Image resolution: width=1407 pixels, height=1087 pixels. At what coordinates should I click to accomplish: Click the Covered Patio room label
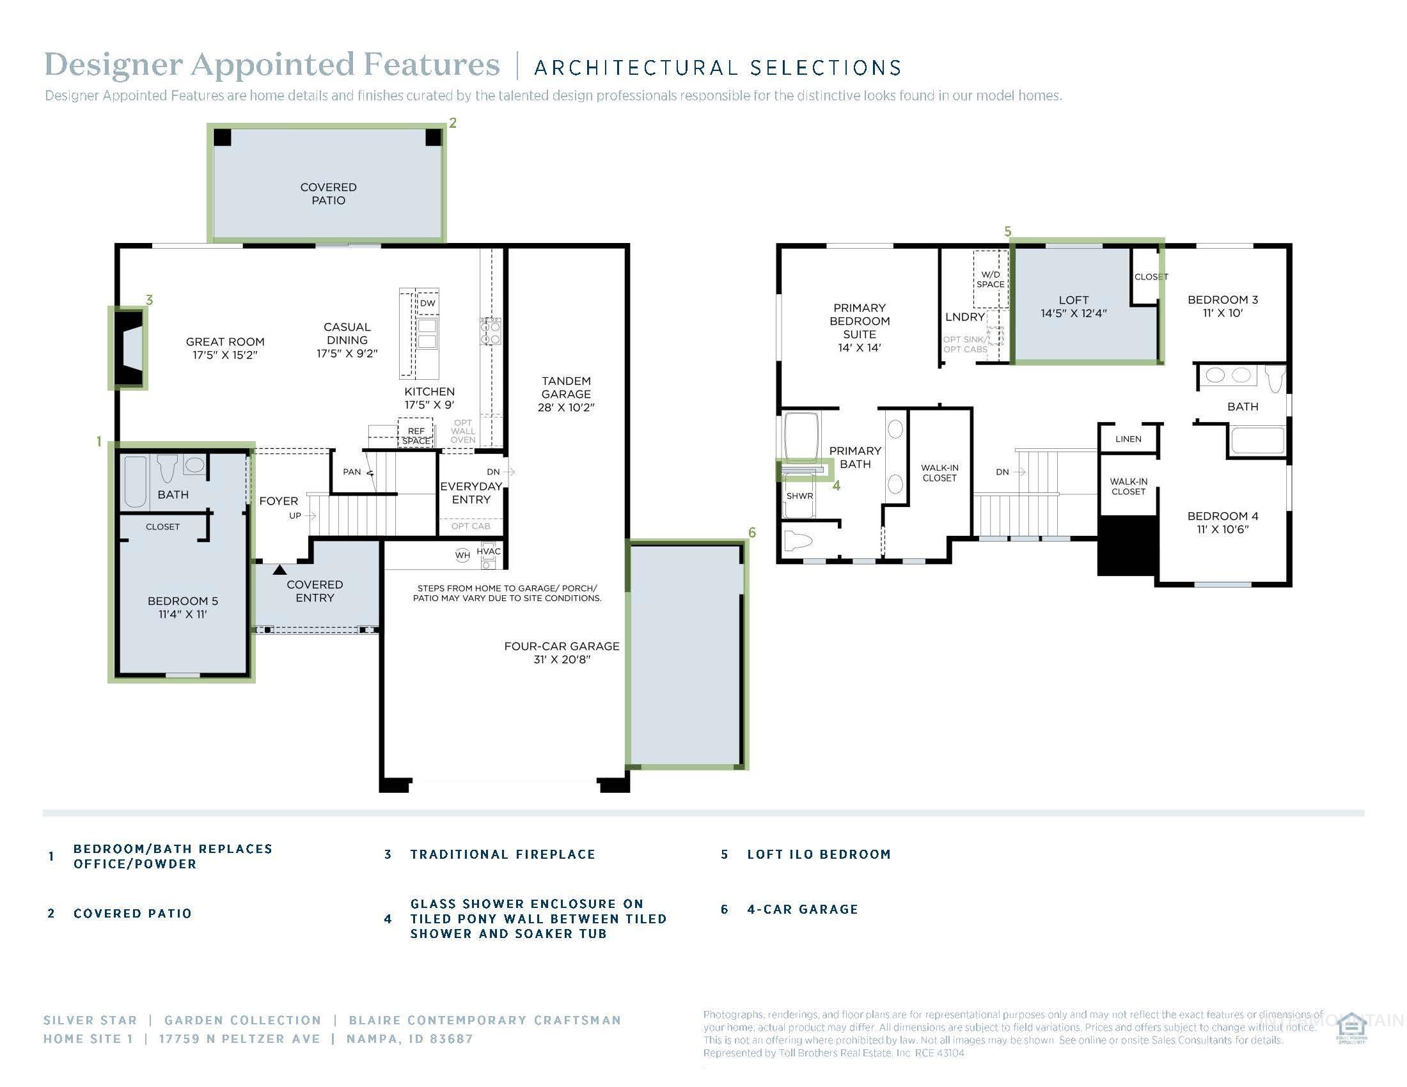click(x=328, y=194)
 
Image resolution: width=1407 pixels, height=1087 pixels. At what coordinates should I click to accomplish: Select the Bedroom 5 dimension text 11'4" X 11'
click(x=182, y=614)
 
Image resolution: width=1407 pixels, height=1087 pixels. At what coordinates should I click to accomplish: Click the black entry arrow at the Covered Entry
click(x=279, y=570)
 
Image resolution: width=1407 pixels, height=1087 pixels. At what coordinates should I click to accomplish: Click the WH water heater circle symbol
click(x=462, y=554)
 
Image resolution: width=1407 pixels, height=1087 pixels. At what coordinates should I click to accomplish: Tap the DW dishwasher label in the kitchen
click(x=428, y=302)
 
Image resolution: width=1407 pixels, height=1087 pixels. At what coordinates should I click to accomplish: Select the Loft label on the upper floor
click(x=1073, y=300)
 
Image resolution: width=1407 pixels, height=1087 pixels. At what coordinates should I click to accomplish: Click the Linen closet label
click(x=1128, y=439)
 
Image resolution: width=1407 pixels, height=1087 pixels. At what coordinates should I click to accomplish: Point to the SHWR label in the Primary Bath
click(x=799, y=496)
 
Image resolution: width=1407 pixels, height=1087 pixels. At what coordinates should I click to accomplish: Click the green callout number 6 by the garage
click(x=752, y=533)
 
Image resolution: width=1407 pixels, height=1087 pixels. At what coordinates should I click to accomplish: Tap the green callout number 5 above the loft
click(x=1007, y=231)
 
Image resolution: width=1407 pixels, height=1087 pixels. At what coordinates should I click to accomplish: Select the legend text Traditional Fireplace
click(x=503, y=854)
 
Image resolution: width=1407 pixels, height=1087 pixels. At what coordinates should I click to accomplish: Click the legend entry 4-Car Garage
click(x=802, y=909)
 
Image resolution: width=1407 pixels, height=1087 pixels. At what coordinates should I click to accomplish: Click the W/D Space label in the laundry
click(x=990, y=279)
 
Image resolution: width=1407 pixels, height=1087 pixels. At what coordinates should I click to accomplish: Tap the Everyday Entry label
click(x=471, y=492)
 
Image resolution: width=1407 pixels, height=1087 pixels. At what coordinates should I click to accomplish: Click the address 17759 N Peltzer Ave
click(x=240, y=1038)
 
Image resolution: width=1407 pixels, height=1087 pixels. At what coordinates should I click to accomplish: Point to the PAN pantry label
click(x=352, y=471)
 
